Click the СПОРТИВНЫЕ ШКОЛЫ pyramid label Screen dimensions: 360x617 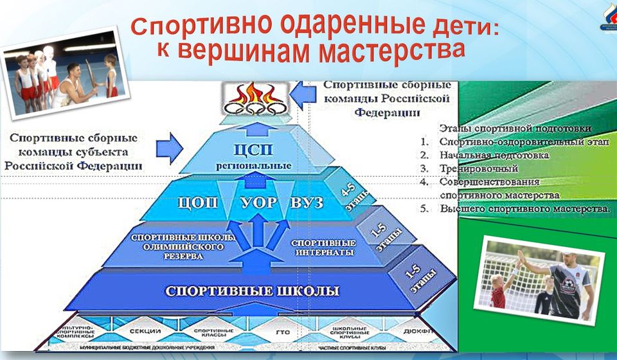tap(252, 291)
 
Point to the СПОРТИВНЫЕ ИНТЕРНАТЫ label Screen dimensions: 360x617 tap(323, 248)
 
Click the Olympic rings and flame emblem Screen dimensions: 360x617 tap(256, 100)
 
